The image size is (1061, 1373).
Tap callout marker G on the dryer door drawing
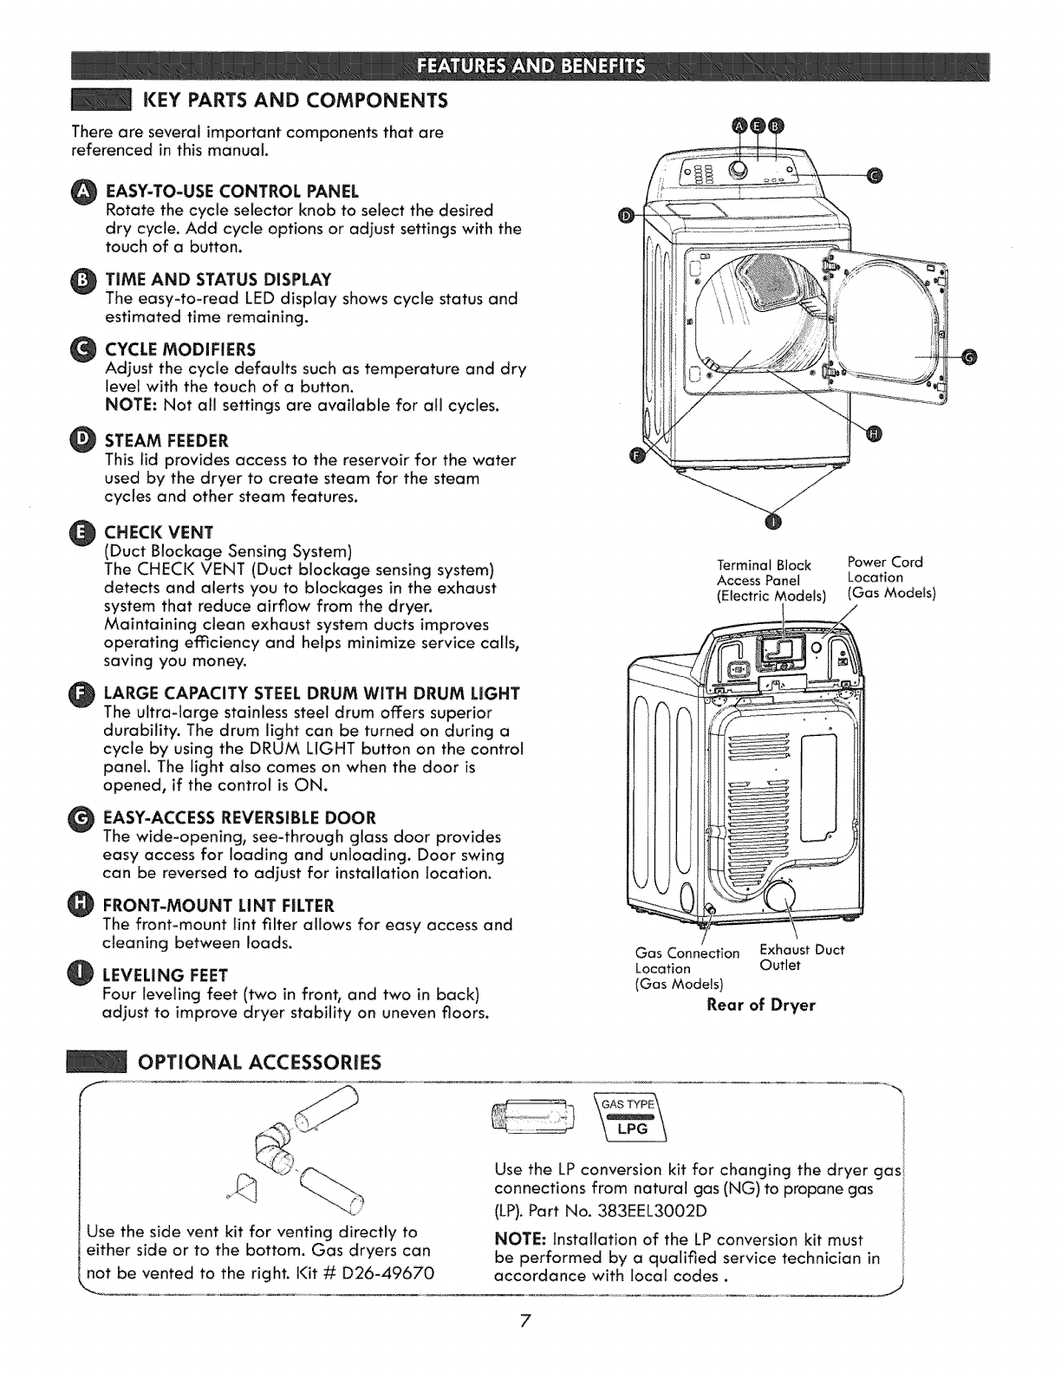(969, 355)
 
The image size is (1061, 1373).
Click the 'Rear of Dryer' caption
(761, 1005)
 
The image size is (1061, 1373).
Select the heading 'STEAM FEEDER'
(166, 440)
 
